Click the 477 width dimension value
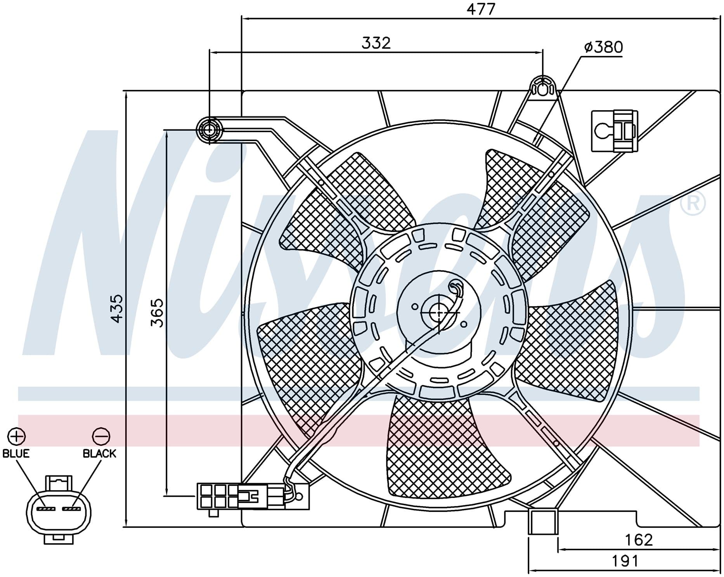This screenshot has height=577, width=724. pyautogui.click(x=481, y=9)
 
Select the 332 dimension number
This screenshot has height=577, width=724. pyautogui.click(x=376, y=43)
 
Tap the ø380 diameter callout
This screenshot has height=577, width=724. pyautogui.click(x=603, y=47)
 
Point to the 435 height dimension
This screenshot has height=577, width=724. pyautogui.click(x=117, y=308)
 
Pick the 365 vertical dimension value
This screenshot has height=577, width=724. pyautogui.click(x=157, y=313)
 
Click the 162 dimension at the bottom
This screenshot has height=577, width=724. pyautogui.click(x=639, y=540)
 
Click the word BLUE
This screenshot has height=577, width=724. pyautogui.click(x=16, y=453)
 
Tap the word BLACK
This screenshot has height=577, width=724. pyautogui.click(x=100, y=453)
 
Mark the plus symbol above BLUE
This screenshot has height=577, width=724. pyautogui.click(x=17, y=437)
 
